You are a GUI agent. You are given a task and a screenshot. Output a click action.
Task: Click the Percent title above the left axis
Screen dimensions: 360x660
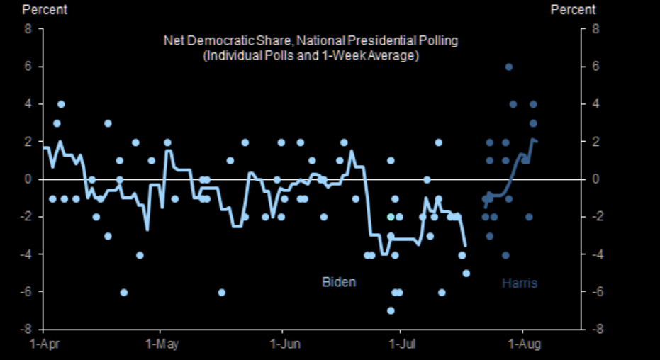45,10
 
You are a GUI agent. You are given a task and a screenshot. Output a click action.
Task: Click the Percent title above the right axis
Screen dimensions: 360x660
573,10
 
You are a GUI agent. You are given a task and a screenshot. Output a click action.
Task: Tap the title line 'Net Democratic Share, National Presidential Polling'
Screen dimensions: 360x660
311,40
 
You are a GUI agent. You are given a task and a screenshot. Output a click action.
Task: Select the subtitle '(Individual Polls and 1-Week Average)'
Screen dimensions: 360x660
311,55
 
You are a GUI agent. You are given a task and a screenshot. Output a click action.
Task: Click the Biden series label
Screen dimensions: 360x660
339,282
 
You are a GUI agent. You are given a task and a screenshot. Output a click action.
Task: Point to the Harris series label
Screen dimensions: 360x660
520,283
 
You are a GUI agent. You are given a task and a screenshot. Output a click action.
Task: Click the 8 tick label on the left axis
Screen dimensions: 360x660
29,29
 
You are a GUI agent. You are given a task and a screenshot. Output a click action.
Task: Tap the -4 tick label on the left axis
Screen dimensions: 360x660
27,254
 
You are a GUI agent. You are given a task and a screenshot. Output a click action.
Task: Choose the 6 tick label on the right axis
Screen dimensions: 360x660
597,67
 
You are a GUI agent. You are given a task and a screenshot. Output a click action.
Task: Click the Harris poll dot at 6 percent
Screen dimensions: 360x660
508,67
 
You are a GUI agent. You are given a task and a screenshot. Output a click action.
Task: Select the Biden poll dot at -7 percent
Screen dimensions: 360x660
391,310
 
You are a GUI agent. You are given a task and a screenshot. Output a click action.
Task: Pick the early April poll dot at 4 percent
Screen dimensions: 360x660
61,104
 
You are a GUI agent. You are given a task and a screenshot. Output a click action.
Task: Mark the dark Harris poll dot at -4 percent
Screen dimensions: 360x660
505,255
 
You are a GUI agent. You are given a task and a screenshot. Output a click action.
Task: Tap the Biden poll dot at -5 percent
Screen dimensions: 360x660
466,273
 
